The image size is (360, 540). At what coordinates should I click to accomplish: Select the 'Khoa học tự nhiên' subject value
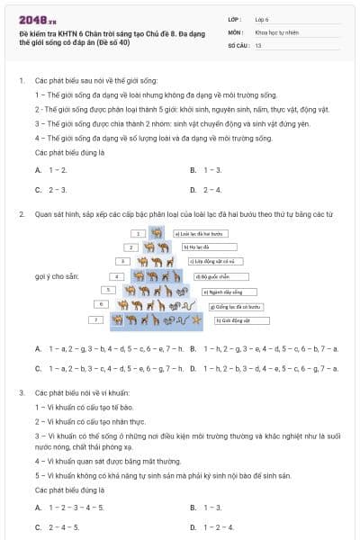point(275,31)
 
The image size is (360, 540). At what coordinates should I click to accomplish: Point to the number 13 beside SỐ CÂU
point(258,44)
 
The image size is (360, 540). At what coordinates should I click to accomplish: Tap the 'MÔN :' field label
point(237,31)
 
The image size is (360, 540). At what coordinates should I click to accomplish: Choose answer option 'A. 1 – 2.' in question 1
point(51,169)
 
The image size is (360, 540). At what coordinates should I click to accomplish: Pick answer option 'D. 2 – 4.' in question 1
point(206,189)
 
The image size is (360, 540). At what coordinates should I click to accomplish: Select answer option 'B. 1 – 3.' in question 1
point(206,169)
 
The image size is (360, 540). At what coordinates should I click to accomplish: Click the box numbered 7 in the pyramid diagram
point(94,319)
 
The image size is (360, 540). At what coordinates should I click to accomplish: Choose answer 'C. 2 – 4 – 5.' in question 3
point(58,526)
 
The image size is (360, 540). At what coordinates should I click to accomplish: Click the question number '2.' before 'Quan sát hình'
point(21,214)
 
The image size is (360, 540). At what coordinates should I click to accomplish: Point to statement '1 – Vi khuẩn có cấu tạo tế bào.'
point(83,408)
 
